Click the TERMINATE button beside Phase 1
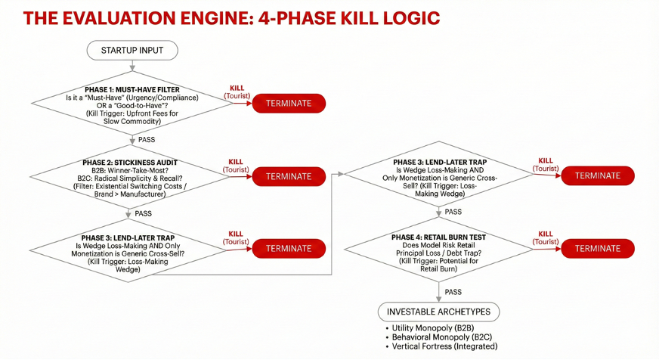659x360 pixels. (x=288, y=104)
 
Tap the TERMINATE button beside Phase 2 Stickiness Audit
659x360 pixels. (x=288, y=176)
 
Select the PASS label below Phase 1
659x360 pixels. (x=146, y=141)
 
